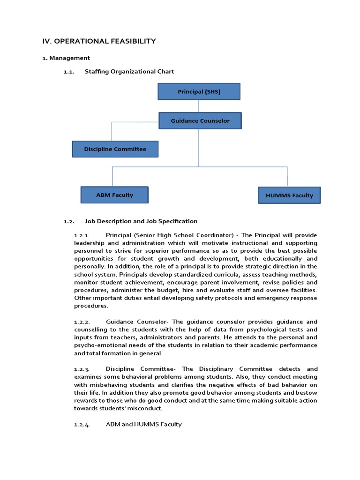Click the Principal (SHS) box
[x=199, y=91]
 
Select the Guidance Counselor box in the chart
[x=200, y=120]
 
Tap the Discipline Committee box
[x=115, y=149]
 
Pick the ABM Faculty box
[x=114, y=195]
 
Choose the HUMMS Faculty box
[x=289, y=195]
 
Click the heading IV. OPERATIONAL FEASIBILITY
[x=99, y=41]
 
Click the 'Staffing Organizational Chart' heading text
[x=129, y=71]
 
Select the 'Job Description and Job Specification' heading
[x=141, y=221]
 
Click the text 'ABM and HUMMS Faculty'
[x=144, y=424]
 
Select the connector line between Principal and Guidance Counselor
[x=199, y=106]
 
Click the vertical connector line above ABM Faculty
[x=112, y=176]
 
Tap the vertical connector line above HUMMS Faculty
[x=287, y=176]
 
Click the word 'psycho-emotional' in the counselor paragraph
[x=97, y=345]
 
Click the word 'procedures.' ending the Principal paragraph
[x=91, y=306]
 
